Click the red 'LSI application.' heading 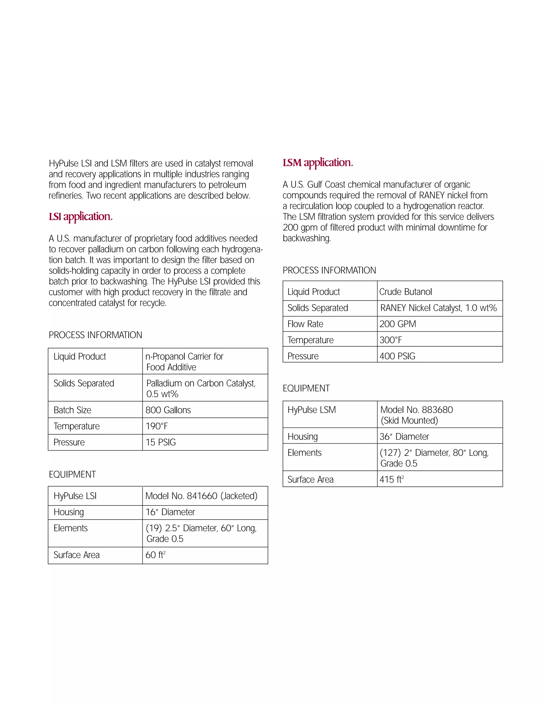click(81, 216)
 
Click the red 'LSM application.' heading click(318, 163)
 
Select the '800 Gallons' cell click(168, 410)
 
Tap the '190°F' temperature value click(157, 426)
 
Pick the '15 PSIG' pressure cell click(160, 442)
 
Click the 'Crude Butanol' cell click(406, 292)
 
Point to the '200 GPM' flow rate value click(398, 324)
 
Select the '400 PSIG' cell click(397, 356)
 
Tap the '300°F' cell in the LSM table click(391, 340)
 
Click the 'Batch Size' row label click(73, 410)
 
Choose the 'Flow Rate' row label click(305, 324)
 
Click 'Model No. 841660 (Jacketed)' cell click(201, 496)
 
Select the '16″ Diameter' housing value click(170, 512)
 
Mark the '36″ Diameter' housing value click(404, 436)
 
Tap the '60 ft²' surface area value click(155, 555)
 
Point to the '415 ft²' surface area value click(392, 479)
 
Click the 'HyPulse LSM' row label click(312, 410)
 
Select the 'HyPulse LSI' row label click(75, 496)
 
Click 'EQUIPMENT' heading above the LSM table click(306, 388)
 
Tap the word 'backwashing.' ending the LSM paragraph click(307, 238)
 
